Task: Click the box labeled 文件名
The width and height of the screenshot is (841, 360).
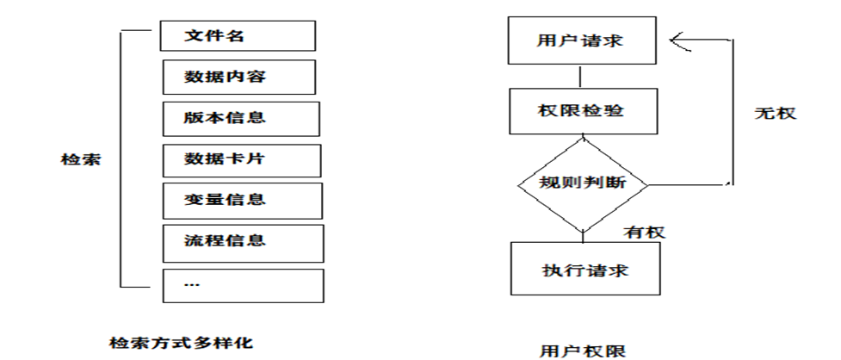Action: (x=238, y=36)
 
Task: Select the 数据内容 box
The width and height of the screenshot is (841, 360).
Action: (x=238, y=76)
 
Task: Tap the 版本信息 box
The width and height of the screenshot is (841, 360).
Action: (x=239, y=118)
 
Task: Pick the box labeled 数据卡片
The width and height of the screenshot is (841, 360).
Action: (x=240, y=160)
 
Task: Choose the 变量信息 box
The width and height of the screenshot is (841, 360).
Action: (x=240, y=200)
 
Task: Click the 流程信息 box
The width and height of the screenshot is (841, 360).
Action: (x=242, y=241)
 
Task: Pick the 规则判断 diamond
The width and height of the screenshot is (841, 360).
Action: (x=583, y=184)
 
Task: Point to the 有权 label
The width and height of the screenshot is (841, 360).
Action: (x=644, y=232)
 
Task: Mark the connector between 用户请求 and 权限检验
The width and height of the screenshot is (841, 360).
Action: (x=581, y=77)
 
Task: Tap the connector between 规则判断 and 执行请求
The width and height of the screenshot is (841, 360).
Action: (x=584, y=235)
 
